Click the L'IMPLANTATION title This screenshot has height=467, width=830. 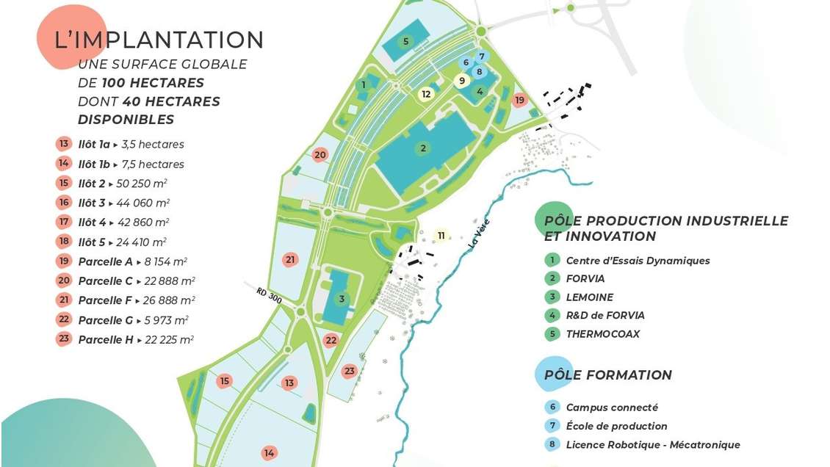[159, 40]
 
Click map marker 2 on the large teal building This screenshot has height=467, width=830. [422, 148]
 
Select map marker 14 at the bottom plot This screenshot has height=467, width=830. [270, 453]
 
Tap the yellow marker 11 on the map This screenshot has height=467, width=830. [441, 236]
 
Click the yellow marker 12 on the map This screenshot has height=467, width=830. [426, 93]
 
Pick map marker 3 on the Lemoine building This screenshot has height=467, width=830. [342, 299]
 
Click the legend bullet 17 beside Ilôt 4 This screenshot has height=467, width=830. [64, 222]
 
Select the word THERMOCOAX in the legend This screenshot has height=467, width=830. [602, 334]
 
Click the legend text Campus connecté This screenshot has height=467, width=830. [612, 407]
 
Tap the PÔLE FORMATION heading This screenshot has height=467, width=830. [607, 374]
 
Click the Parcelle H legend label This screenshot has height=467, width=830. [106, 339]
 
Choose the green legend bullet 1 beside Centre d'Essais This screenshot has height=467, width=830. [552, 260]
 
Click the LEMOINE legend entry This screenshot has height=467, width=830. [589, 297]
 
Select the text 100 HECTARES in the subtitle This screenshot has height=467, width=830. [153, 82]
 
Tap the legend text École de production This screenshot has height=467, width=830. [616, 426]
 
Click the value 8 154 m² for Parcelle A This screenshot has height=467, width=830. [167, 261]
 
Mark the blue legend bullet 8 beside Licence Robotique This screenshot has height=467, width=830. [552, 444]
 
